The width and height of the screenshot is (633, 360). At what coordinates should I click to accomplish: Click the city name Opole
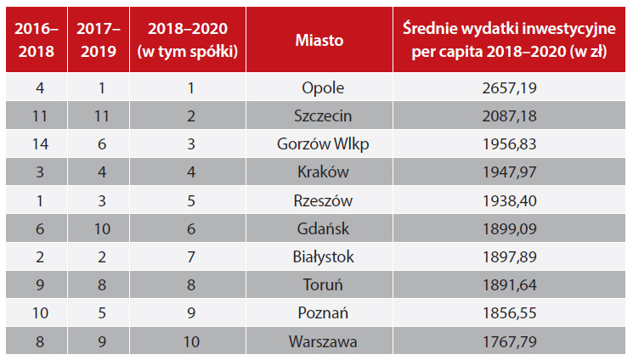322,87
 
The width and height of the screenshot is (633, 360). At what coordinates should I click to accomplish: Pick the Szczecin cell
322,115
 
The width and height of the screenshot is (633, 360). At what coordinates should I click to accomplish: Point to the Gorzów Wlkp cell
322,144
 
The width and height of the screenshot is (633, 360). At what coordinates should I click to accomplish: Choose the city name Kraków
322,172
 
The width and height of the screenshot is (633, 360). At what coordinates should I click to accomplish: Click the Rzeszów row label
322,201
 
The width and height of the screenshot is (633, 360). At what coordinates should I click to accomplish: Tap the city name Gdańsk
322,229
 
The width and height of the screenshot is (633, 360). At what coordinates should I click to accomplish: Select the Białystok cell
322,257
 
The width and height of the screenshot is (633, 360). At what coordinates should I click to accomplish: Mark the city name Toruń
322,286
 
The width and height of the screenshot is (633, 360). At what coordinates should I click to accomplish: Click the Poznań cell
322,314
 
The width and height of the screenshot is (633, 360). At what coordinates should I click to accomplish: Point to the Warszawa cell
322,342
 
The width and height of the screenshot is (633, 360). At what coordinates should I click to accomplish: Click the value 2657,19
509,87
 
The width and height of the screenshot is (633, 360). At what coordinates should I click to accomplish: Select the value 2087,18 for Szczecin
509,115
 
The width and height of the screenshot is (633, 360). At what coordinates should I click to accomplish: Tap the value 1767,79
509,342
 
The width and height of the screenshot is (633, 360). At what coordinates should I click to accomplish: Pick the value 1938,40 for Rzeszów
509,201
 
